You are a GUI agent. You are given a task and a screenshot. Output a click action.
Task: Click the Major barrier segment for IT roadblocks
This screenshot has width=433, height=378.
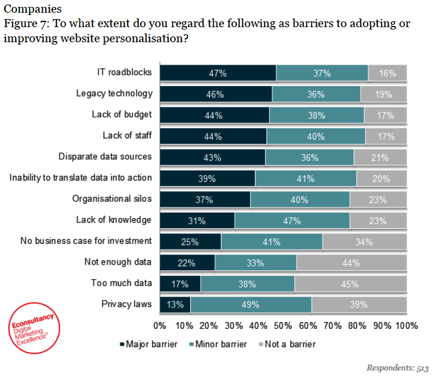click(218, 73)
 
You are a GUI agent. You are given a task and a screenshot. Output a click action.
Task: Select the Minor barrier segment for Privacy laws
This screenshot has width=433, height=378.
click(251, 305)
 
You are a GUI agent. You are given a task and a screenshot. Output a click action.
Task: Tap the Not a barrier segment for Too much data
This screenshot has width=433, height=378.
click(351, 284)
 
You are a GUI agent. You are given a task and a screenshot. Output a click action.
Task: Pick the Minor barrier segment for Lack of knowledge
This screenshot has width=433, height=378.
click(292, 220)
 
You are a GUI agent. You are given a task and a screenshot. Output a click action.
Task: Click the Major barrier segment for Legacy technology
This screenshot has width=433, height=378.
click(216, 94)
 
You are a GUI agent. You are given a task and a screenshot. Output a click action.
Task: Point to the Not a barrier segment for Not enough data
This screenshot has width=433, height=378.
click(351, 262)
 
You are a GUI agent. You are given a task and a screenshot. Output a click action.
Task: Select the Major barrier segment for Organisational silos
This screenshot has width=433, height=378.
click(205, 199)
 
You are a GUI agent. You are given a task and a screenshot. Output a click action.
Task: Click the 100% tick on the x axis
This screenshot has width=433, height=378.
click(405, 325)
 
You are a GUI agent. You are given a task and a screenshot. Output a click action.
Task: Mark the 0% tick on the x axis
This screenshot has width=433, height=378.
click(160, 325)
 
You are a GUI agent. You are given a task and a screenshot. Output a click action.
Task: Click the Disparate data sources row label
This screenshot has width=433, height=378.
click(105, 157)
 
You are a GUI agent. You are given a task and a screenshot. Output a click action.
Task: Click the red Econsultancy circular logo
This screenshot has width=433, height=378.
click(35, 327)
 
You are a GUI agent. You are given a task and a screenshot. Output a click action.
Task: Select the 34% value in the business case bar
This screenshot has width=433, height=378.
click(365, 242)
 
